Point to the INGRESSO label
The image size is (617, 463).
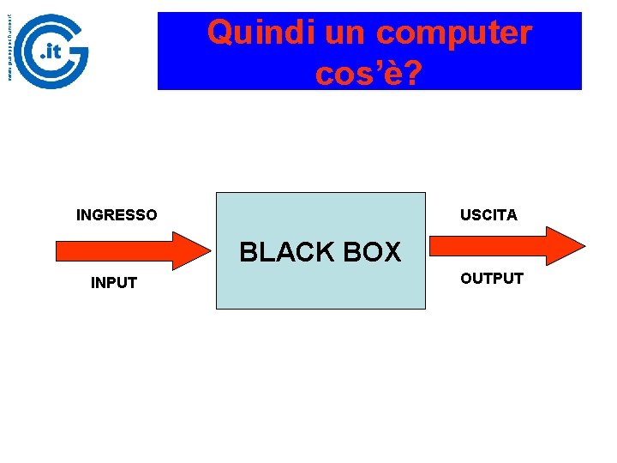coord(117,215)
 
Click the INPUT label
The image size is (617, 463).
coord(114,283)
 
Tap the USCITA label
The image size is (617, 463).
coord(488,215)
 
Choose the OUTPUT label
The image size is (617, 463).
coord(492,279)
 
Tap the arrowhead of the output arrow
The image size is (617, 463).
coord(567,246)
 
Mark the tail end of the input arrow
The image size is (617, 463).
coord(59,250)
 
